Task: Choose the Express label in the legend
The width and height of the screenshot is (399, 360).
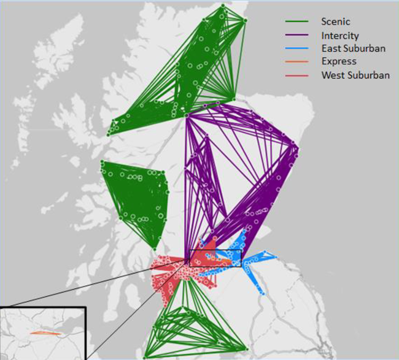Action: pos(338,62)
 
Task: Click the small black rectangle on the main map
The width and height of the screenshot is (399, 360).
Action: pos(215,259)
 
